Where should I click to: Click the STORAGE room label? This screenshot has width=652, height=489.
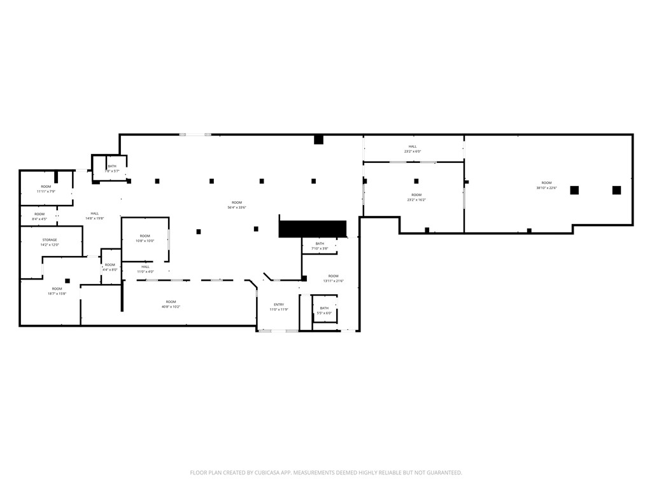(50, 239)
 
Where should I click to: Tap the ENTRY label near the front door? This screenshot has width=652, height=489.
(279, 304)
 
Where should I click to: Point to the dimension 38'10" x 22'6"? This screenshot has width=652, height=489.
(546, 188)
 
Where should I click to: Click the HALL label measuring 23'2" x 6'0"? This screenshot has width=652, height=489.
(413, 146)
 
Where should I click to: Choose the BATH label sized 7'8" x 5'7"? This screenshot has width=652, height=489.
(112, 166)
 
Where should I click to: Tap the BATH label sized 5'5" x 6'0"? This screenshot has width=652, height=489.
(325, 308)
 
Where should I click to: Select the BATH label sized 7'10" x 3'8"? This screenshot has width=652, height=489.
(320, 243)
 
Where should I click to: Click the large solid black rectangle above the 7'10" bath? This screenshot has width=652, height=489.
(312, 229)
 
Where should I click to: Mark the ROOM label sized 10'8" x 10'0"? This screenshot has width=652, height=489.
(145, 236)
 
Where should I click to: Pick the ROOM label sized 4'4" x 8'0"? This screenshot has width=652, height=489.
(110, 265)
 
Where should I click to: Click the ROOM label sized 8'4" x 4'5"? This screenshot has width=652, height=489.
(39, 214)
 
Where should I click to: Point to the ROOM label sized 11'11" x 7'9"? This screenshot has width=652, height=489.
(46, 187)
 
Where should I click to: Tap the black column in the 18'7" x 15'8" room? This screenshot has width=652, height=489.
(67, 281)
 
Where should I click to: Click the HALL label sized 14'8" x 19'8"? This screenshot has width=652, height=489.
(94, 213)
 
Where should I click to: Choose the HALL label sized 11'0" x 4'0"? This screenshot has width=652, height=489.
(145, 267)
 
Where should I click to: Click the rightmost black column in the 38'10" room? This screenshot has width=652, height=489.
(616, 190)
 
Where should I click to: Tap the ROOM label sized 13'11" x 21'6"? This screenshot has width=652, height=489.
(333, 276)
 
